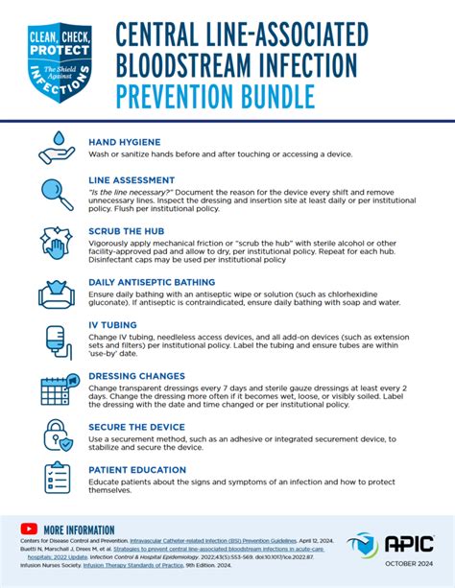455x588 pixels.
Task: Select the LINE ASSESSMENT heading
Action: (132, 179)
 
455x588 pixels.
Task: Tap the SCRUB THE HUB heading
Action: (127, 231)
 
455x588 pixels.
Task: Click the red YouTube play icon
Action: (28, 529)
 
